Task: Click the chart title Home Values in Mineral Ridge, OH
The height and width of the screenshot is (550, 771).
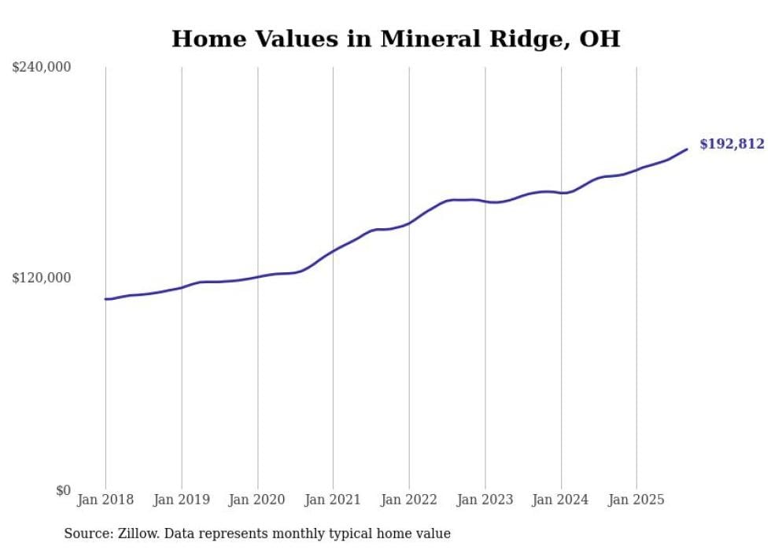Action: coord(396,39)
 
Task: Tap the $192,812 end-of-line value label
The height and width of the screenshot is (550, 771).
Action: coord(731,144)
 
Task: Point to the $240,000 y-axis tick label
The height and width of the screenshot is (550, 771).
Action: coord(42,67)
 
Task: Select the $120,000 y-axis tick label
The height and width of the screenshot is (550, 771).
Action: coord(42,278)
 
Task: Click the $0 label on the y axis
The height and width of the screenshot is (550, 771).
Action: coord(63,490)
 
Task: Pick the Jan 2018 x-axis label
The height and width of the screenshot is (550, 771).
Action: coord(105,500)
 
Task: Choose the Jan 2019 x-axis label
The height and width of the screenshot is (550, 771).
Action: coord(182,500)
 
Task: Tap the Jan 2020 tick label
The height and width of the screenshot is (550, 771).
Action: coord(257,500)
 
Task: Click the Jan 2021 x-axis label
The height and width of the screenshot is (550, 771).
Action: coord(333,500)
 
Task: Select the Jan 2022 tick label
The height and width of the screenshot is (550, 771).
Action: coord(409,500)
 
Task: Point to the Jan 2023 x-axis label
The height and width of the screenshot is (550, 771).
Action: coord(485,500)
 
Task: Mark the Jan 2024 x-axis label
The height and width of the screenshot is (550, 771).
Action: coord(561,500)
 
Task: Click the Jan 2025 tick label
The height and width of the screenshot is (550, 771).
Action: coord(636,500)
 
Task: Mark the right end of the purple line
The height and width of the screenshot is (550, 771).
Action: coord(687,149)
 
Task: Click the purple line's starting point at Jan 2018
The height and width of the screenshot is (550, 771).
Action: coord(105,299)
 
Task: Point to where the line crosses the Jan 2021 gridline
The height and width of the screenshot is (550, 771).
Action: coord(333,251)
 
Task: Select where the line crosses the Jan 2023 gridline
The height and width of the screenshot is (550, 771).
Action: coord(485,201)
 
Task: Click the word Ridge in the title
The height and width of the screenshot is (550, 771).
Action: coord(521,39)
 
